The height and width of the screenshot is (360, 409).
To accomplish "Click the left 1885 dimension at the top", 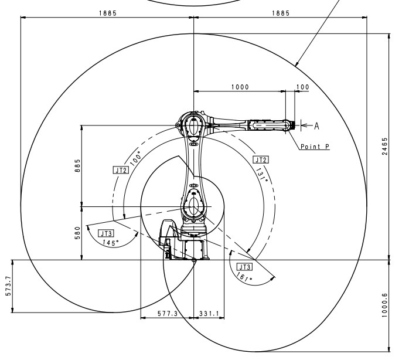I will coord(107,13).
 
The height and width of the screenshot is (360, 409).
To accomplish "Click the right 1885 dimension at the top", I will coord(280,13).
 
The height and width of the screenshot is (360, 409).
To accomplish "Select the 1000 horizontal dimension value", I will coord(239,87).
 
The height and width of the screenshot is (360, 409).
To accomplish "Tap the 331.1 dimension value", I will coord(208,314).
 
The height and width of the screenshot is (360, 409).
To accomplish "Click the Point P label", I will coord(313,147).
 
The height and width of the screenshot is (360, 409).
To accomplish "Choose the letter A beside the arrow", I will coord(317,125).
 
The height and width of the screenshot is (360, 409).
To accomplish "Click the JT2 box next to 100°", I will coord(120,170).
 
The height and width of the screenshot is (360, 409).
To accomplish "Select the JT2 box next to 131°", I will coord(261,159).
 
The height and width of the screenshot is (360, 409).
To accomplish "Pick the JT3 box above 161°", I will coord(243,266).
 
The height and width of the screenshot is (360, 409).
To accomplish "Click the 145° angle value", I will coord(111,242).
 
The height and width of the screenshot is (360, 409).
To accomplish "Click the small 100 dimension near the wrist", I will coord(302,87).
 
